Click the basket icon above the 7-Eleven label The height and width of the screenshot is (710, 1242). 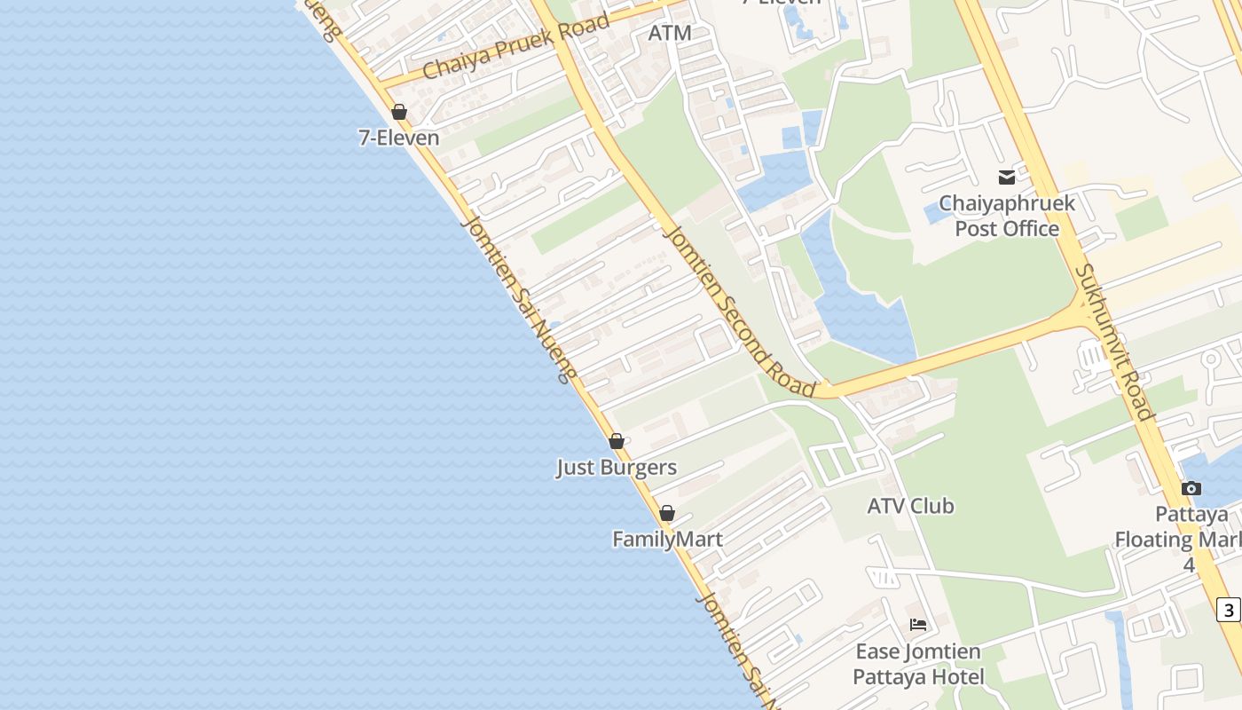[399, 113]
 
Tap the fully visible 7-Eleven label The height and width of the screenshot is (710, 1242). [399, 138]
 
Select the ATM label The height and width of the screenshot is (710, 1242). [670, 33]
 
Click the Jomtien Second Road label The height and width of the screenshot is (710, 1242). [740, 311]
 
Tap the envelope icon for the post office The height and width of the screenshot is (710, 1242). [1006, 177]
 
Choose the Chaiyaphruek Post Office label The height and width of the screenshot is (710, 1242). [1007, 216]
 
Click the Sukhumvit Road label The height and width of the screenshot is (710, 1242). [1114, 342]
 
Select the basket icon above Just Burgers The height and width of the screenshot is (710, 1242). [617, 441]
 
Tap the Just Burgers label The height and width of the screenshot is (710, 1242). [617, 468]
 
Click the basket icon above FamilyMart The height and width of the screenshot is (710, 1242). [667, 513]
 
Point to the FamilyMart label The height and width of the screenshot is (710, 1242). [667, 539]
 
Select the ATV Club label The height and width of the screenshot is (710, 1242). [910, 506]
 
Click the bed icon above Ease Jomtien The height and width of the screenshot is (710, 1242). [918, 625]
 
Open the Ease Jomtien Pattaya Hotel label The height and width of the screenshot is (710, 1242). [918, 664]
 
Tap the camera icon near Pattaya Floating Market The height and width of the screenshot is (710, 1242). [1191, 488]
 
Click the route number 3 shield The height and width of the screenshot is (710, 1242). [1228, 610]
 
